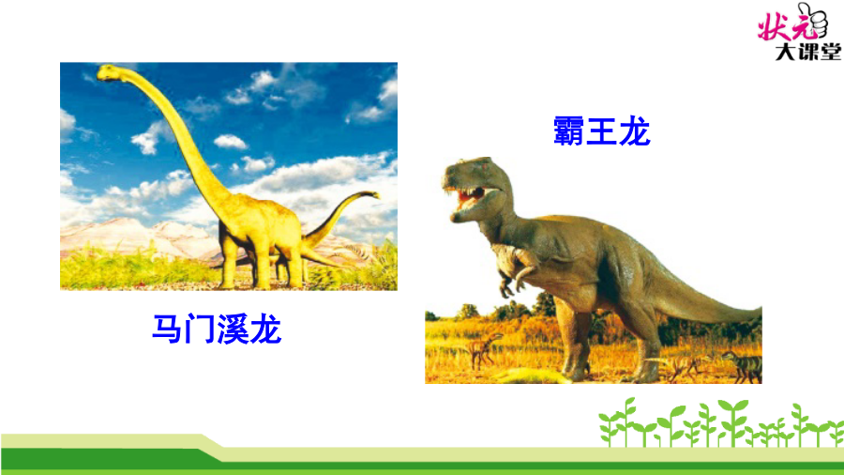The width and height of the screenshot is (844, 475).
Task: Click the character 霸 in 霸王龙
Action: (x=568, y=130)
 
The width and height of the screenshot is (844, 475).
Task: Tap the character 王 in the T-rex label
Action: (x=601, y=130)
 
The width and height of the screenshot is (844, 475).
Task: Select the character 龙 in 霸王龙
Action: (x=634, y=130)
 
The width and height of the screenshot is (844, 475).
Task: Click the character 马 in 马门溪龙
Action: (x=168, y=329)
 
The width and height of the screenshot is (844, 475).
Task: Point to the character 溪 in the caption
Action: (x=233, y=329)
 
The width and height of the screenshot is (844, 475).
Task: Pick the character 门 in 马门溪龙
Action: (x=201, y=329)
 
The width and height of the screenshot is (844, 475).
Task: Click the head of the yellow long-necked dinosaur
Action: (x=110, y=72)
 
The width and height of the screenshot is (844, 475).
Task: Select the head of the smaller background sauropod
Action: (x=370, y=194)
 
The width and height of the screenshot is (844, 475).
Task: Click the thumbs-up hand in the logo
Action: (x=813, y=20)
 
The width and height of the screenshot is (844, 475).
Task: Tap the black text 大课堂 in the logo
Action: (x=807, y=53)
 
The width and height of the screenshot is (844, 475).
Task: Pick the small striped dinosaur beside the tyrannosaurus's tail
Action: (x=743, y=366)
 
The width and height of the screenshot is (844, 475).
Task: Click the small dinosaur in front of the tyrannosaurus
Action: (x=483, y=349)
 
